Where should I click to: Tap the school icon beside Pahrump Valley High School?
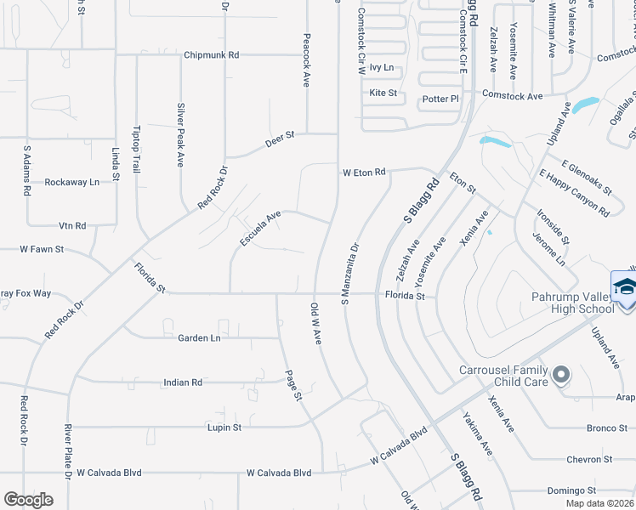pos(624,286)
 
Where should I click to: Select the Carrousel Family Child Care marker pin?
pos(560,374)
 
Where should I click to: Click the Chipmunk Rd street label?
pos(211,55)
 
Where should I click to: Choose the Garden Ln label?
pos(199,338)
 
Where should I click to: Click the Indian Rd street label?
pos(183,383)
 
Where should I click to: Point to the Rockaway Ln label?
pos(72,182)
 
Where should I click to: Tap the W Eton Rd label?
pos(364,173)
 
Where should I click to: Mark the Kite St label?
pos(383,93)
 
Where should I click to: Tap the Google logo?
pos(28,500)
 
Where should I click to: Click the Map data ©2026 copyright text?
pos(599,503)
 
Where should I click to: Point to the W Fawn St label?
pos(43,251)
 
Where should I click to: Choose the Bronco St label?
pos(606,428)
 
